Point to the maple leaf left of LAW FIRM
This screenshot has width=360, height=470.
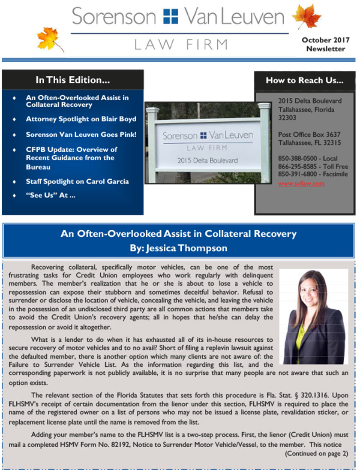[x=50, y=39]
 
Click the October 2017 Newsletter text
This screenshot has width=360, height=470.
[x=325, y=44]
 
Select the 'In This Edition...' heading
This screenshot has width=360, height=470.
[x=73, y=80]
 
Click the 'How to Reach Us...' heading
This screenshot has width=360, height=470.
[x=304, y=80]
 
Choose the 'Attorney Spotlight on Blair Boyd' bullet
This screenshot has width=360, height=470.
[x=81, y=119]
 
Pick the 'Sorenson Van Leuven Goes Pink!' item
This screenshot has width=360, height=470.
[x=81, y=134]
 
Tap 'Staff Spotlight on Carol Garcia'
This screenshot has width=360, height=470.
[x=77, y=181]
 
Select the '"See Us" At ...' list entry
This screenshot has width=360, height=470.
[x=47, y=196]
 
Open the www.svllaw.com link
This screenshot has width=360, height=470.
[x=301, y=184]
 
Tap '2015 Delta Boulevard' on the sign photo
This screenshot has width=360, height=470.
[x=208, y=160]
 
